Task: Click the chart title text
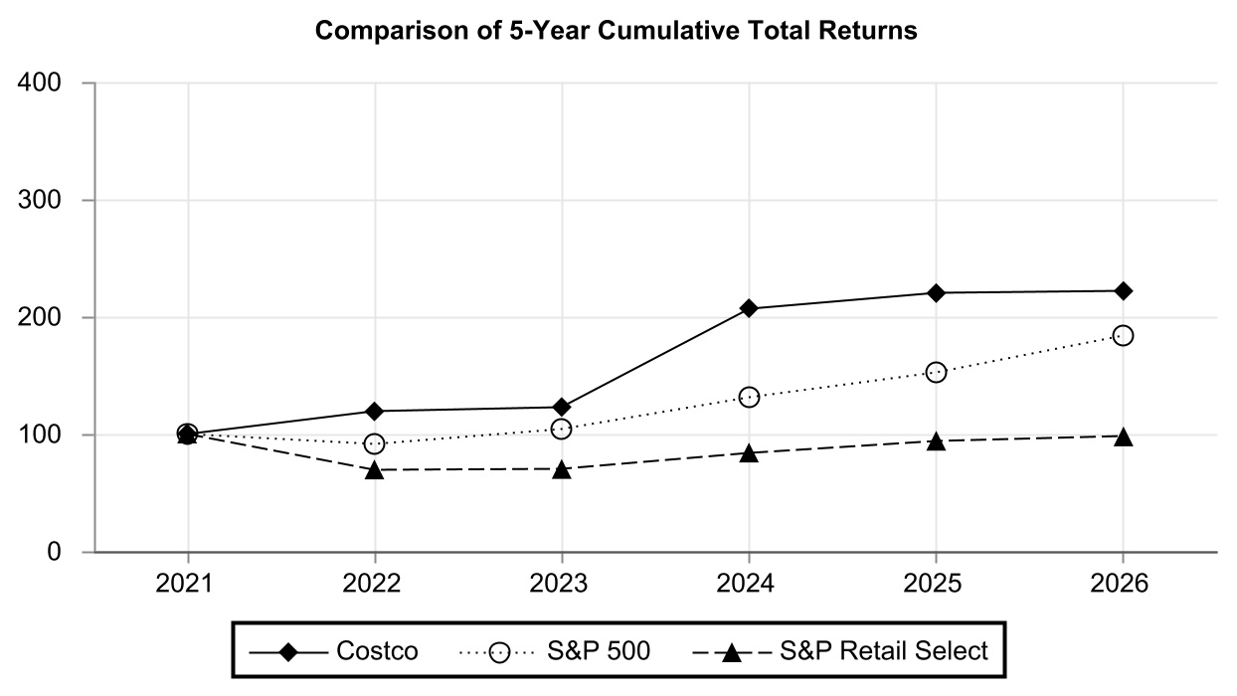click(616, 31)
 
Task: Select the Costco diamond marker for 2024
click(749, 308)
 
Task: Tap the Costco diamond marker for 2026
click(1124, 291)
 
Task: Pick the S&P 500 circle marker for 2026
click(1124, 335)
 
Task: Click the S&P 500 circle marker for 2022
click(375, 443)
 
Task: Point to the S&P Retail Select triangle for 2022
click(375, 470)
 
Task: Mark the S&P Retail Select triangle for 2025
click(936, 441)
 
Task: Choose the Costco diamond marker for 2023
click(562, 407)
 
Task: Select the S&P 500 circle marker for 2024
click(749, 397)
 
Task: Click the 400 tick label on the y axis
click(39, 83)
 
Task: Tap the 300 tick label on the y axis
click(39, 200)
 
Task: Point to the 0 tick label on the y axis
click(54, 552)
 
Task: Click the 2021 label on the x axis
click(184, 584)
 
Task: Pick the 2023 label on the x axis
click(558, 584)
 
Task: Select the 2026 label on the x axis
click(1120, 584)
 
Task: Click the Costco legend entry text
click(377, 650)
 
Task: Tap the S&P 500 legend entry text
click(599, 650)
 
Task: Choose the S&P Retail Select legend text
click(884, 650)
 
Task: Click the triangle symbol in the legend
click(732, 653)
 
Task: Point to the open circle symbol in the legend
click(499, 653)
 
